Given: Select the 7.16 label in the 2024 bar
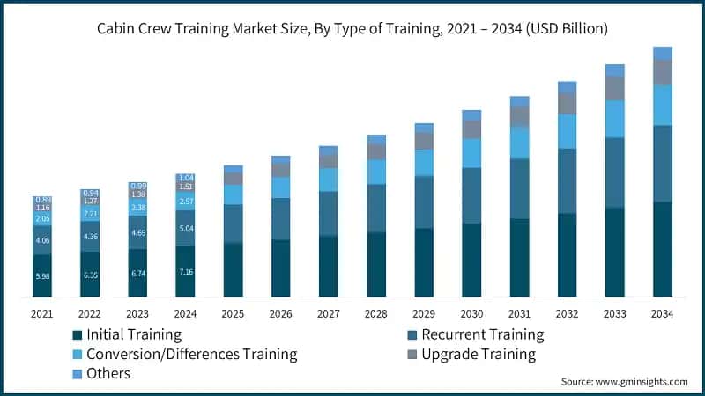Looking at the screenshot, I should click(185, 272).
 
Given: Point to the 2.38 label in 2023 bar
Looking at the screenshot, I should click(137, 209).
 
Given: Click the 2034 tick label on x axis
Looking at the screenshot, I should click(662, 313).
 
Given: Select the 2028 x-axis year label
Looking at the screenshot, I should click(376, 313).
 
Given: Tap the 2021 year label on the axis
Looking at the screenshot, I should click(42, 313).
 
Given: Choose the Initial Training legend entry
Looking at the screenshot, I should click(127, 334).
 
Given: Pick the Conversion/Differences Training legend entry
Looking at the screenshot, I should click(185, 354).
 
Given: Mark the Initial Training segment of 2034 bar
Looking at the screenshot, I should click(663, 249).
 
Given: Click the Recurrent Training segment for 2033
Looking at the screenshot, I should click(615, 172).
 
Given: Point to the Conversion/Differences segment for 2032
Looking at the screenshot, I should click(568, 131).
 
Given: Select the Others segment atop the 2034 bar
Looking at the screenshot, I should click(663, 53).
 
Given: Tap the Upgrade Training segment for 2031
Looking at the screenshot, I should click(520, 116).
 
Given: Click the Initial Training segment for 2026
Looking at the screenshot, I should click(281, 268).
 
